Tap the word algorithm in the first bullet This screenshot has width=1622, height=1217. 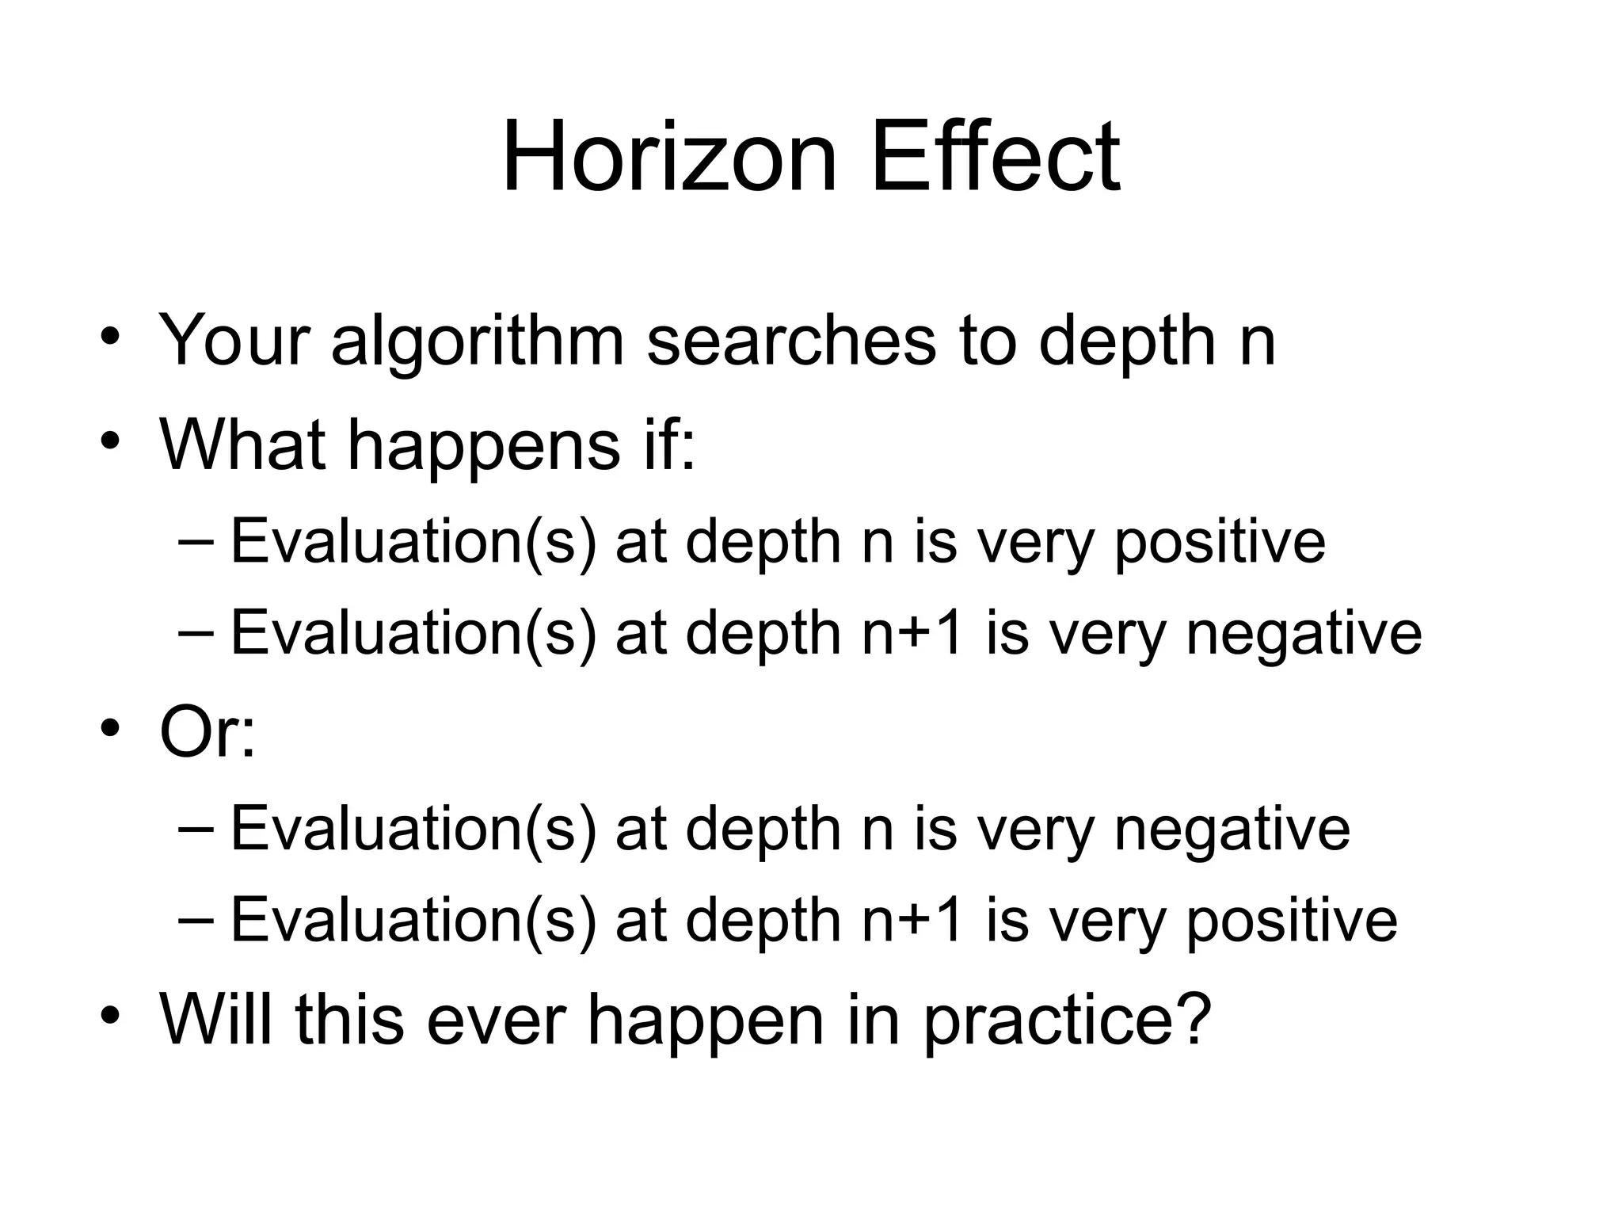coord(478,342)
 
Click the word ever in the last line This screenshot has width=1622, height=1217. coord(496,1020)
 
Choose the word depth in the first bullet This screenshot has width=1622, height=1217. coord(1126,342)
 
